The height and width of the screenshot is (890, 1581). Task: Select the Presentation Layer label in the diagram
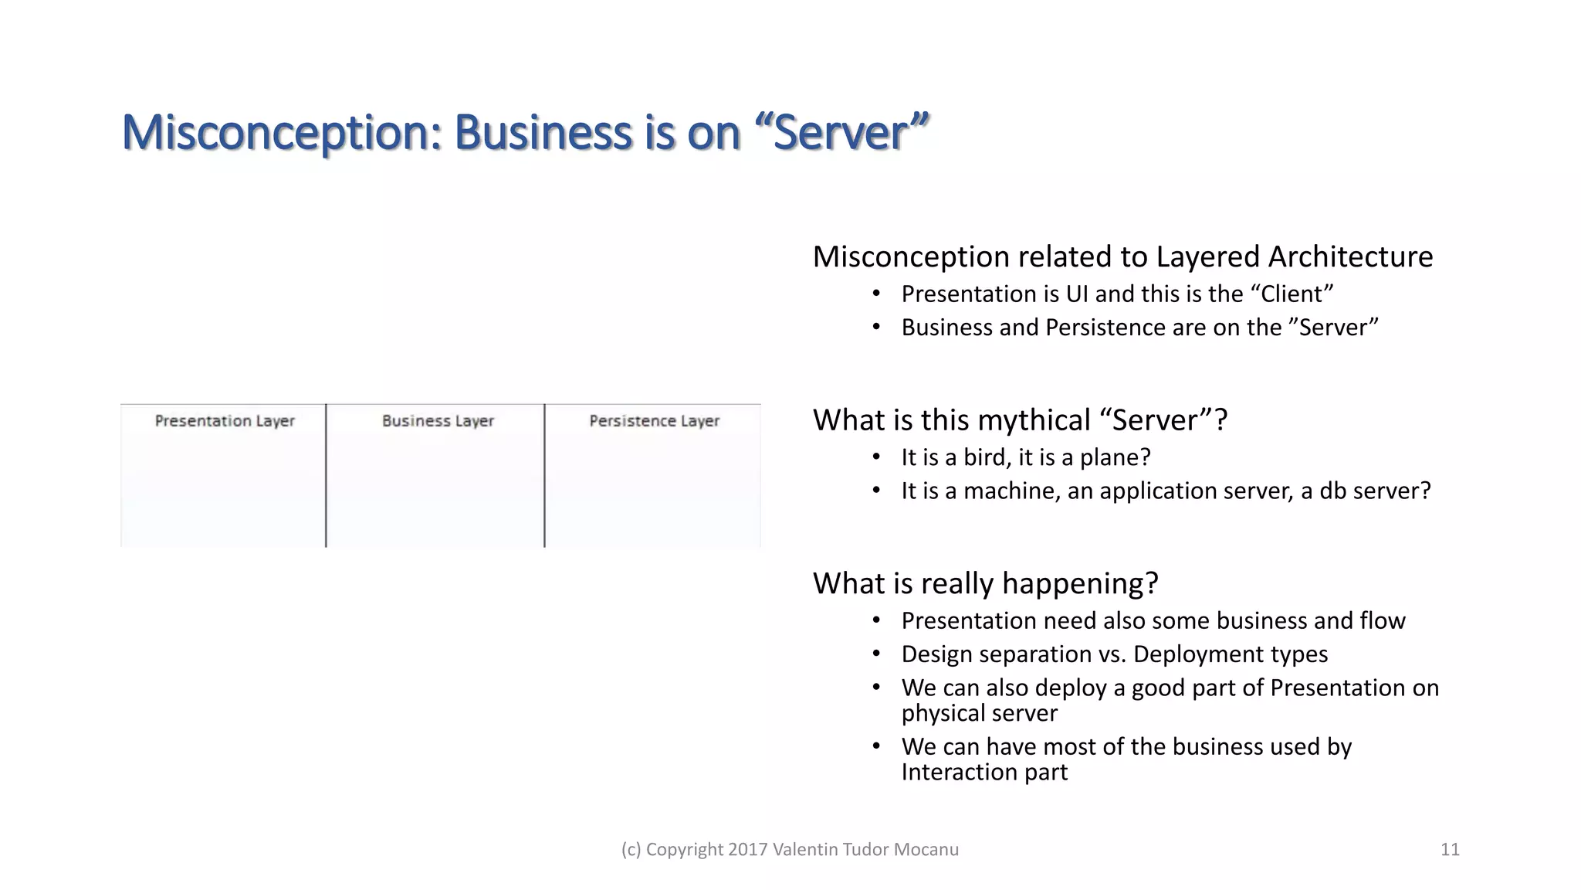coord(225,421)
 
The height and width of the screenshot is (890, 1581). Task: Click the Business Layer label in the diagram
coord(438,421)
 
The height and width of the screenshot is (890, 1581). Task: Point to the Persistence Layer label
coord(654,421)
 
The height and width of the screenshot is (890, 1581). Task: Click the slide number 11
coord(1450,850)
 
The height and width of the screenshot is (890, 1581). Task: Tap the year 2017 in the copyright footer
coord(747,850)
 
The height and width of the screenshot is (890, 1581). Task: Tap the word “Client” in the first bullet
coord(1292,294)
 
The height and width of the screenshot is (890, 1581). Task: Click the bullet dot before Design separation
coord(876,654)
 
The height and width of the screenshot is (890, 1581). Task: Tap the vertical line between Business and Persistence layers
coord(544,475)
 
